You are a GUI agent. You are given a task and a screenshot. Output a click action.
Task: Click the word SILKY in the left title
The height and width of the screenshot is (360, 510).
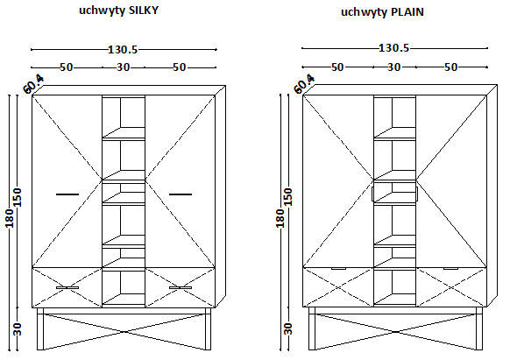click(144, 11)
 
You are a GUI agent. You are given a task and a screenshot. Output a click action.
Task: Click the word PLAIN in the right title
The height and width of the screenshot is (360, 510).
click(407, 12)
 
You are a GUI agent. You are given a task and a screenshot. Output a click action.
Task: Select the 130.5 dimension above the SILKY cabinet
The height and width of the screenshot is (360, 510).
click(123, 49)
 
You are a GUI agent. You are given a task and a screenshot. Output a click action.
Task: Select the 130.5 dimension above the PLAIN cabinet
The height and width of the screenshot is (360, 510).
click(393, 48)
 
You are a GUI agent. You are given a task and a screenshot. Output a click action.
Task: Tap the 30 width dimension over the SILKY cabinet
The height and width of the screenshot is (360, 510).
click(124, 67)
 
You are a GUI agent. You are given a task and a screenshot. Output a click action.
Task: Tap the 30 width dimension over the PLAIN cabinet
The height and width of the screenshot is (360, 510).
click(393, 67)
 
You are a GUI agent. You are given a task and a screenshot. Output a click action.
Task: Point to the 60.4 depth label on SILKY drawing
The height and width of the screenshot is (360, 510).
click(33, 84)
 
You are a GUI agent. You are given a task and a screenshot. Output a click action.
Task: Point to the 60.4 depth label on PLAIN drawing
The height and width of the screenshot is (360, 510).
click(304, 84)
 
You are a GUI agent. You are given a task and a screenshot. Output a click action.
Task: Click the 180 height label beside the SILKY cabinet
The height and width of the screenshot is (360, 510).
click(10, 218)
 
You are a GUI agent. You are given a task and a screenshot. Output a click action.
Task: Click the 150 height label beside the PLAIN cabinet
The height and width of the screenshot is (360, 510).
click(288, 197)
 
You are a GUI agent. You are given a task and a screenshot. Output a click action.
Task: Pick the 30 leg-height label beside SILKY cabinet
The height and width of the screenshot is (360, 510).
click(18, 328)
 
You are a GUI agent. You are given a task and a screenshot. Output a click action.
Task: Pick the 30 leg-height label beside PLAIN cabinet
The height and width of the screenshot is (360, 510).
click(288, 328)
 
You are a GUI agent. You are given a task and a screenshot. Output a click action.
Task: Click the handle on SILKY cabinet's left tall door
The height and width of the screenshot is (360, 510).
click(67, 194)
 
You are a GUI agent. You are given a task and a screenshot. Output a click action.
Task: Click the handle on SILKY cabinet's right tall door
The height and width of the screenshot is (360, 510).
click(181, 194)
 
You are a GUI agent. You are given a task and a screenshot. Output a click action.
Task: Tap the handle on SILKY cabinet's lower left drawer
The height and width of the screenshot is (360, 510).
click(67, 288)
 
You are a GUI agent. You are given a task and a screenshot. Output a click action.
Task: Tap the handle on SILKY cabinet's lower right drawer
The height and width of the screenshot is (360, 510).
click(181, 288)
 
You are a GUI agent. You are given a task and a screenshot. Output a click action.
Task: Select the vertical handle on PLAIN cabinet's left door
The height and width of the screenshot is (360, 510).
click(372, 194)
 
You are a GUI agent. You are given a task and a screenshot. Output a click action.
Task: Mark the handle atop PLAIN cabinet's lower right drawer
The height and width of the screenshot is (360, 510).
click(450, 269)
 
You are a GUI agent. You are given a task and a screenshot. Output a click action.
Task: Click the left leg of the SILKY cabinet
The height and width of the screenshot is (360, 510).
click(40, 329)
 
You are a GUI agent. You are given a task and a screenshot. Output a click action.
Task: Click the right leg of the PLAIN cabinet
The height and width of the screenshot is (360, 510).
click(478, 328)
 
